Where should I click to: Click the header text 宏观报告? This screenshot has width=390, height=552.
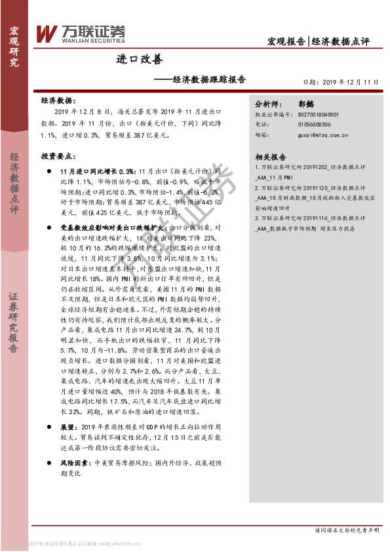coord(286,41)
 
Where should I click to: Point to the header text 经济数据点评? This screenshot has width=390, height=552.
coord(341,41)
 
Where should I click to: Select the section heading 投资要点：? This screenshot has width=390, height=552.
coord(57,157)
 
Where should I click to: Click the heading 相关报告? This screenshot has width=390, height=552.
coord(271,157)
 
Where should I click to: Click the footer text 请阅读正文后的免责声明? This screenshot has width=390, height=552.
coord(347,530)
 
